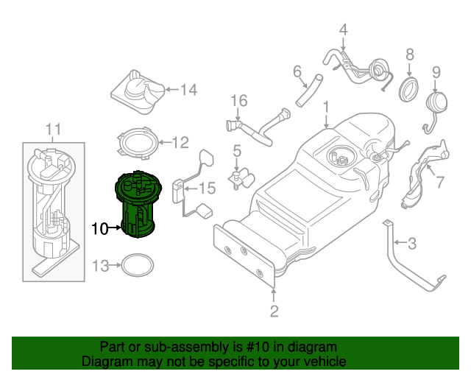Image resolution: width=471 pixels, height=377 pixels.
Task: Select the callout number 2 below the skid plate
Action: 274,311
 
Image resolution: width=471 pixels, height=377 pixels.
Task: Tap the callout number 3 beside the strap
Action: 412,242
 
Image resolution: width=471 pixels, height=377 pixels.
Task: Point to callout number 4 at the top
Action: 343,30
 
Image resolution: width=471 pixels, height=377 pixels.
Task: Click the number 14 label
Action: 188,90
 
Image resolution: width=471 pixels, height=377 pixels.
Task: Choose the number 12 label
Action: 180,142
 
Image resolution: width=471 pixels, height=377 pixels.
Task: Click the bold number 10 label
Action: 99,228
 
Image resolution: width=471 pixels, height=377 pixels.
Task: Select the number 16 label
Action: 239,101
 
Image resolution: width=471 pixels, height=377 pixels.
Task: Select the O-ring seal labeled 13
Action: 136,266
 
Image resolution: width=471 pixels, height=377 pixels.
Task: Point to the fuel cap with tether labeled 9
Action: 433,105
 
